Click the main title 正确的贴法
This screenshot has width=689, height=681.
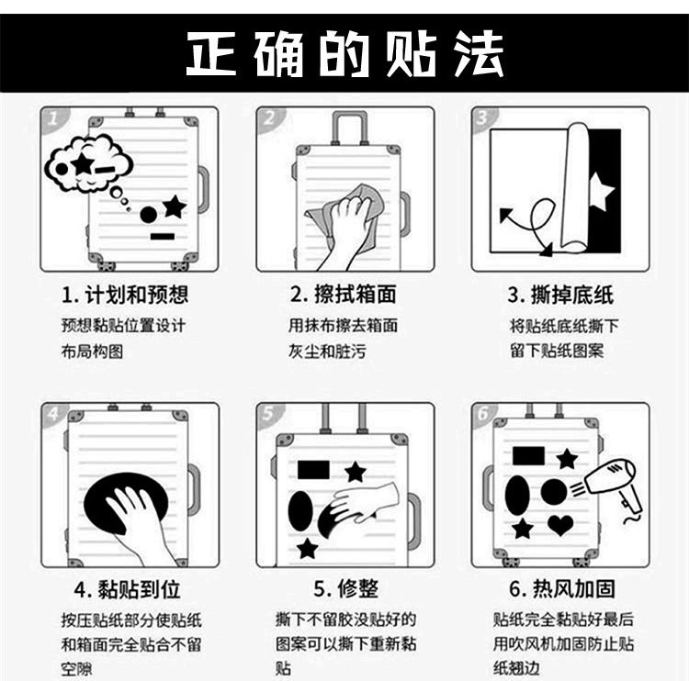pyautogui.click(x=344, y=53)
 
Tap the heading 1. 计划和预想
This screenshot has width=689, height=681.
pyautogui.click(x=125, y=295)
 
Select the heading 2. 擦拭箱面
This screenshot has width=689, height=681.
pyautogui.click(x=344, y=295)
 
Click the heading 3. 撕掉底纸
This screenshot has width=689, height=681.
pyautogui.click(x=560, y=295)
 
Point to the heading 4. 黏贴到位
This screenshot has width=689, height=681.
pyautogui.click(x=128, y=589)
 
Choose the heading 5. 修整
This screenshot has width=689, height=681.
pyautogui.click(x=345, y=589)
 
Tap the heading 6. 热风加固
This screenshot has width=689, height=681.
pyautogui.click(x=562, y=589)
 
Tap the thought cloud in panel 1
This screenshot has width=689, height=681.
pyautogui.click(x=88, y=162)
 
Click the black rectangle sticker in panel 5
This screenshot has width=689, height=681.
pyautogui.click(x=313, y=470)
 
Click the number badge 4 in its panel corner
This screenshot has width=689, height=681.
pyautogui.click(x=53, y=414)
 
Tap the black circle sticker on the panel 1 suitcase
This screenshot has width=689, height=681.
pyautogui.click(x=149, y=214)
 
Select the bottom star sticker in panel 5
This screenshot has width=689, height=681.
pyautogui.click(x=308, y=549)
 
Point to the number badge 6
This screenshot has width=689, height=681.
pyautogui.click(x=483, y=414)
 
